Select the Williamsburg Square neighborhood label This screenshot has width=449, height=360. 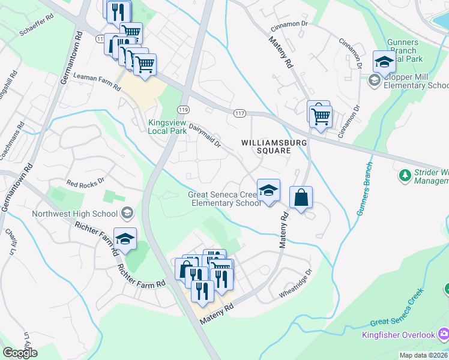(274, 147)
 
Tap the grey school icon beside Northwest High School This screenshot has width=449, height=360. (127, 212)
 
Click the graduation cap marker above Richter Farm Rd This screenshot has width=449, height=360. (125, 239)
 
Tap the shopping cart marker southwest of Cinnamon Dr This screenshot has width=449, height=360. (321, 115)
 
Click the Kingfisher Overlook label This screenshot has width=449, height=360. (398, 334)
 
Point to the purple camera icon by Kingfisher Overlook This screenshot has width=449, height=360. (444, 334)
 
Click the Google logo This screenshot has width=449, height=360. (20, 353)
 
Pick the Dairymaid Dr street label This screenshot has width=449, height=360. (205, 133)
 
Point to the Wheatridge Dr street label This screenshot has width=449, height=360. (296, 284)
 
